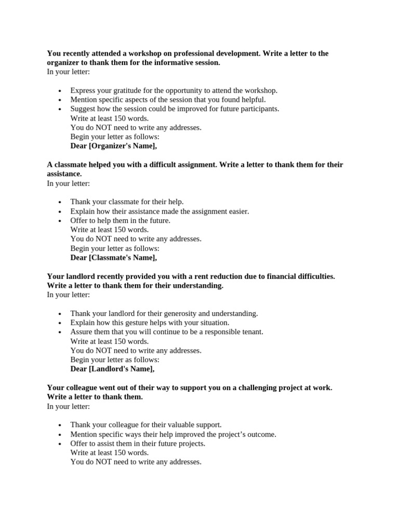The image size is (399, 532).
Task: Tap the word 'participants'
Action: (x=258, y=109)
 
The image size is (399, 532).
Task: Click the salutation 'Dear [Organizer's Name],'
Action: (x=113, y=146)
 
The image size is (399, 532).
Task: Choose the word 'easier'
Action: (x=237, y=211)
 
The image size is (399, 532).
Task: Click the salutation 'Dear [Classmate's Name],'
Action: (x=113, y=258)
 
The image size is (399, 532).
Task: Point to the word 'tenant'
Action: (x=251, y=332)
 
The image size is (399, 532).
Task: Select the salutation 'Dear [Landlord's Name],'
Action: (x=112, y=369)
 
